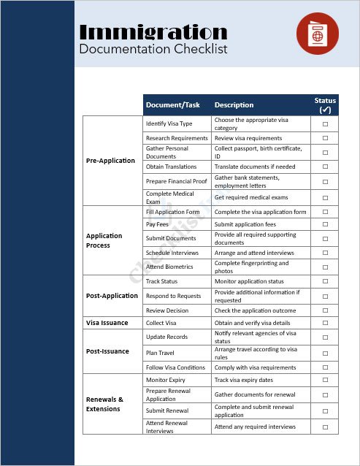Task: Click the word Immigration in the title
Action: (x=153, y=31)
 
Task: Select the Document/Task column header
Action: (x=172, y=104)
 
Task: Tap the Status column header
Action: (x=325, y=104)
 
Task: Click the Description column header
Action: (x=234, y=104)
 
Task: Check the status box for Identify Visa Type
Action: (x=325, y=123)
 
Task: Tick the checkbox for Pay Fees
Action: (x=325, y=224)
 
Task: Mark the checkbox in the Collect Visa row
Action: (x=325, y=323)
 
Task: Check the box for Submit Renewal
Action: (x=325, y=410)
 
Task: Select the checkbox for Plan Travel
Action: (x=325, y=353)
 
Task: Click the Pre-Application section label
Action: (x=111, y=161)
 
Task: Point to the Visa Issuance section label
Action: (x=107, y=323)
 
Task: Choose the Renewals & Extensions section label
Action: (x=105, y=404)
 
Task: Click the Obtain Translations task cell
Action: (x=172, y=167)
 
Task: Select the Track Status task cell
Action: (x=162, y=281)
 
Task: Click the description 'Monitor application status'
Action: (x=249, y=281)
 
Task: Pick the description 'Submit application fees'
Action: (x=245, y=224)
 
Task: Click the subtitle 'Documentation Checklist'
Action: (x=153, y=50)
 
